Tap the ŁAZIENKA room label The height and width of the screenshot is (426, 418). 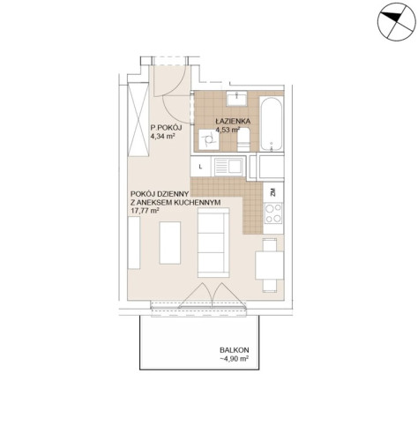233,121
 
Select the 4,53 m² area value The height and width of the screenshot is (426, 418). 228,130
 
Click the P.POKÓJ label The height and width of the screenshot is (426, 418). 167,128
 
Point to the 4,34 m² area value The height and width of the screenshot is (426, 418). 162,136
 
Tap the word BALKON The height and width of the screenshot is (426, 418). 235,350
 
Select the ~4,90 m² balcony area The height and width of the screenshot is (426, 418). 235,359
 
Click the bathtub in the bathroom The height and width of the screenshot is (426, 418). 272,123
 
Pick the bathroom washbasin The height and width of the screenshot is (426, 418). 236,98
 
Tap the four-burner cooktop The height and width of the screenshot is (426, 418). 273,213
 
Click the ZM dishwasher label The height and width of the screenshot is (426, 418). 273,192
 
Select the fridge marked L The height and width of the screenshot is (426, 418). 201,167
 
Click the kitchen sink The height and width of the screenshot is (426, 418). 229,167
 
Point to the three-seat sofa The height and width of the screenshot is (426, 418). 213,243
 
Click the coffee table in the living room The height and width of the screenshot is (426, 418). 170,243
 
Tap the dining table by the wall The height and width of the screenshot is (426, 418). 270,265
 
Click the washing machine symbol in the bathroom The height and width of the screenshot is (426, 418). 209,139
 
